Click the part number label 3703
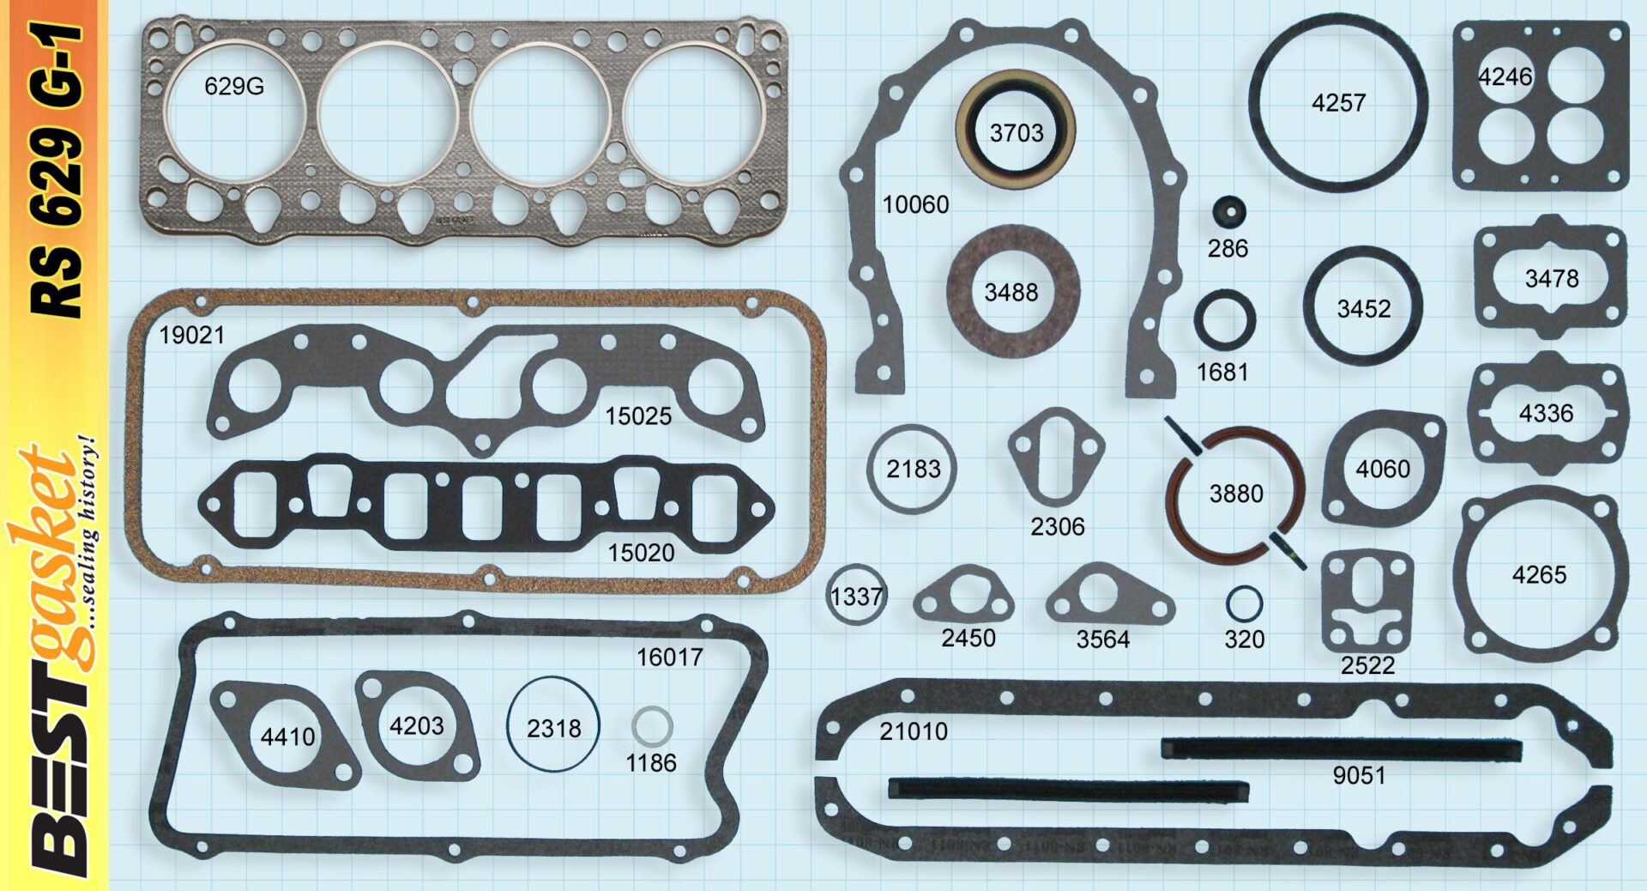tap(1017, 133)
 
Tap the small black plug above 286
tap(1228, 212)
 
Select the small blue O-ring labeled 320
tap(1244, 603)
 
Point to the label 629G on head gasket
tap(234, 86)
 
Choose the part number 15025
tap(638, 416)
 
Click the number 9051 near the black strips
tap(1359, 775)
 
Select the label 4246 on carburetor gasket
tap(1505, 77)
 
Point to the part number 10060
tap(916, 204)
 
